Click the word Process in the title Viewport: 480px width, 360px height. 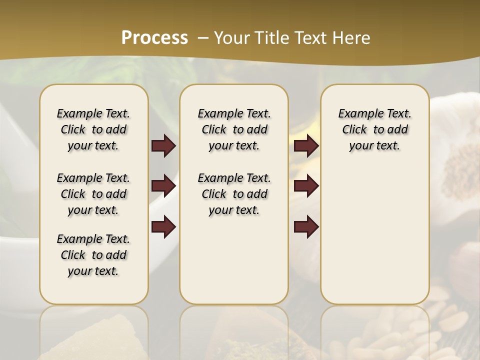coord(154,37)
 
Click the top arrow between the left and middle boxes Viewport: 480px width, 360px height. coord(163,145)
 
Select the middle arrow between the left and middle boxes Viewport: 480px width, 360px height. coord(163,186)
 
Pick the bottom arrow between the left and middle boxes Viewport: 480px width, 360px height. coord(163,226)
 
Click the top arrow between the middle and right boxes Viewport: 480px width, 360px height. coord(306,145)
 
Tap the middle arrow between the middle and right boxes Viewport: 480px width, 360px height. coord(306,186)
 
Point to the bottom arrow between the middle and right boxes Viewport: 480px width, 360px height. coord(306,226)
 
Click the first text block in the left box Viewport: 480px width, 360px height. coord(93,129)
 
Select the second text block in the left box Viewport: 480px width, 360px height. coord(93,194)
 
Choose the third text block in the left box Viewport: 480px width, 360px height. coord(93,255)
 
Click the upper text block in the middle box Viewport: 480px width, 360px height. coord(234,129)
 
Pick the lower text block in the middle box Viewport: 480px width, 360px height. coord(234,194)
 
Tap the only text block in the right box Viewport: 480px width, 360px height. coord(374,129)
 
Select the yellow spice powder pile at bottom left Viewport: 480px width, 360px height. coord(100,340)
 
